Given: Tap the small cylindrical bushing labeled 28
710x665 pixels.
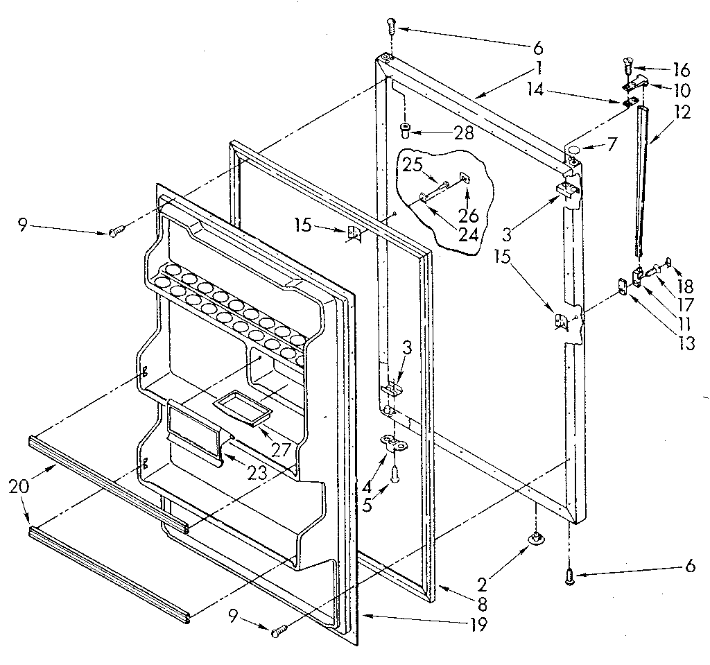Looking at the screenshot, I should [405, 129].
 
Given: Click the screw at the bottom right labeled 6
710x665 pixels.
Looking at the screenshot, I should [570, 573].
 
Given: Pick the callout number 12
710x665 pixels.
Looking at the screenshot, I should [682, 112].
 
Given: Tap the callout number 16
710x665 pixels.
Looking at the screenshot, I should [681, 69].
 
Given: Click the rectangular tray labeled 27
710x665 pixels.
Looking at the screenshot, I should [242, 406].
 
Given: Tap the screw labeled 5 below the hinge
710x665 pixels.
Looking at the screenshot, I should [395, 474].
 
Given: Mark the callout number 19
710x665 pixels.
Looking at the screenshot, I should [477, 624].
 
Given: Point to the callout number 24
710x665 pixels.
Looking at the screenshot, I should [468, 234].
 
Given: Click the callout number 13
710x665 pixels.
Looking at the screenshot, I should [687, 343].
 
